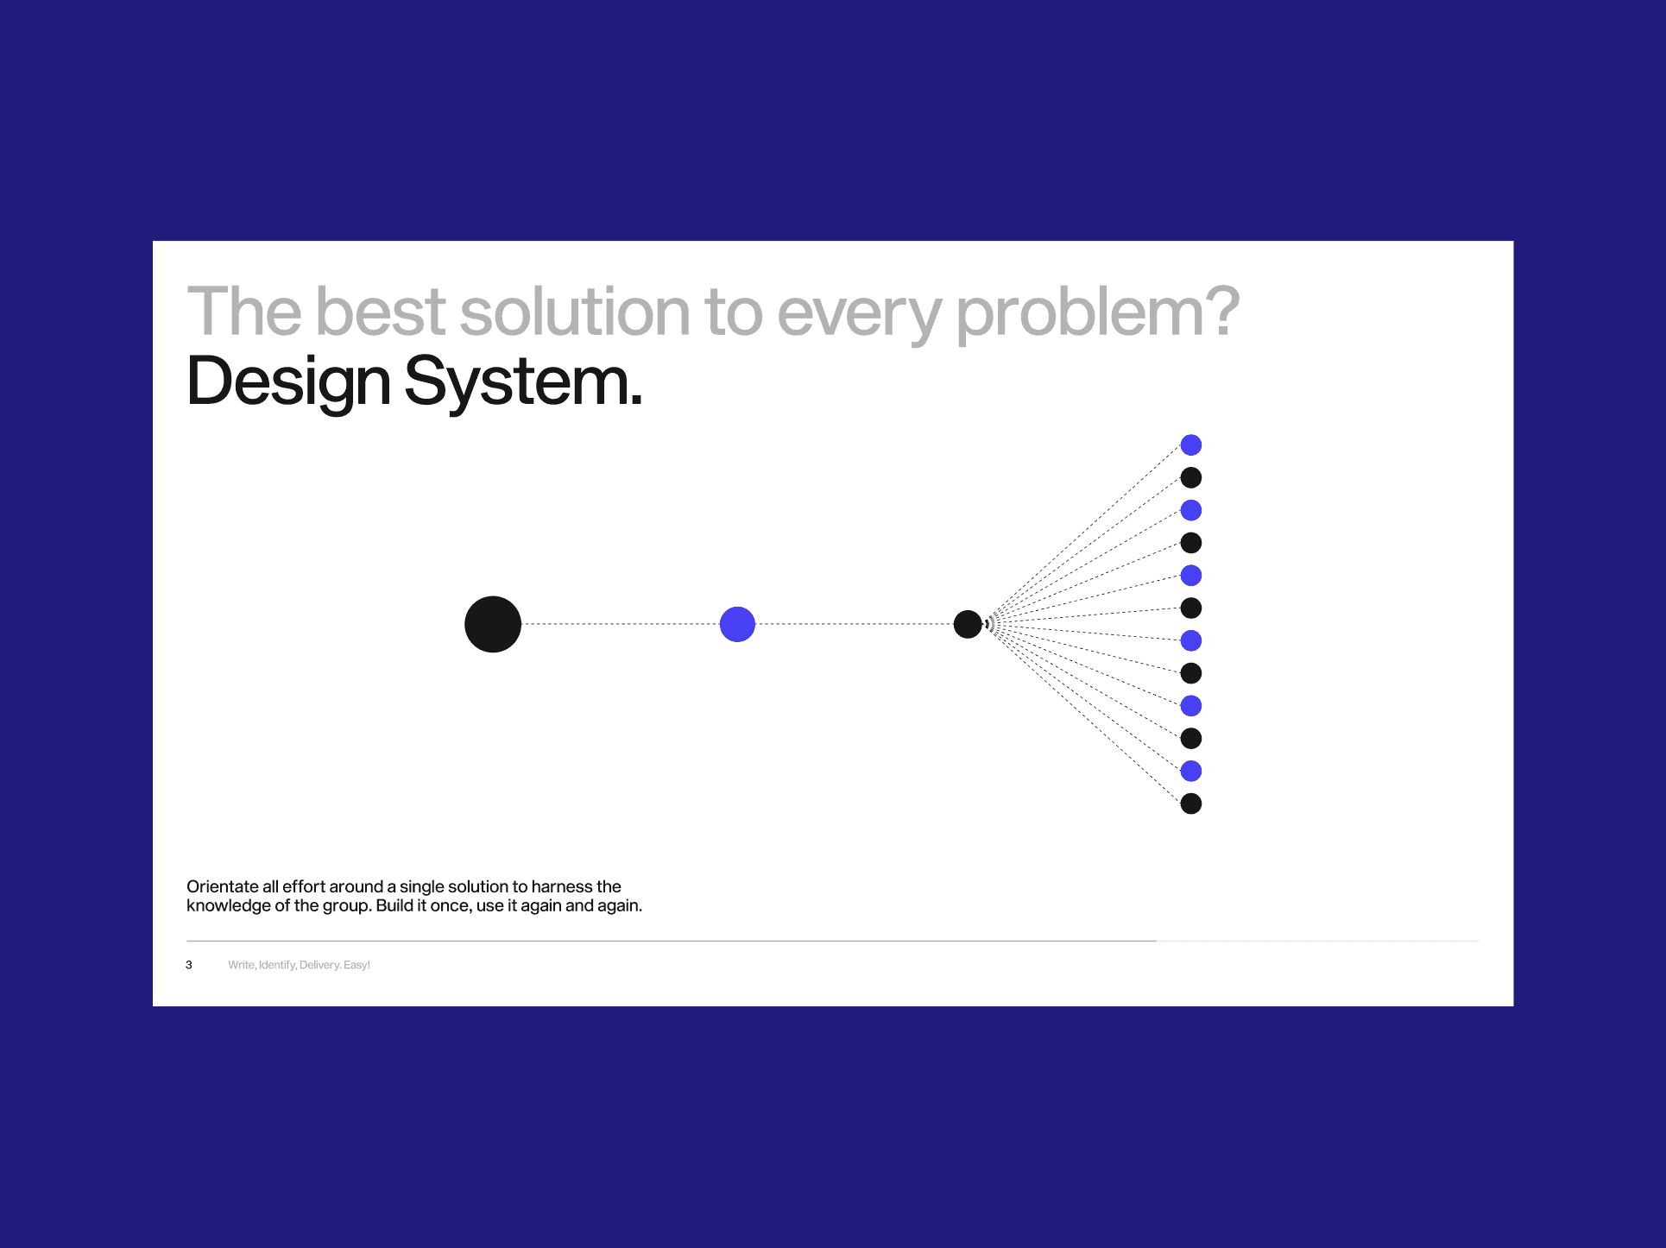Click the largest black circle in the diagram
pos(493,624)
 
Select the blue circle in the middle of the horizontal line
pos(737,624)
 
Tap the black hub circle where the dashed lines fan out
pos(968,624)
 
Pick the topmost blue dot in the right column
pos(1191,444)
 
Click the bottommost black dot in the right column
pos(1191,804)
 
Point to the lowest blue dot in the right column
pos(1191,771)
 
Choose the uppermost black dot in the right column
pos(1191,477)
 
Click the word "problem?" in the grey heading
pos(1097,312)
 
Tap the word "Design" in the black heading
pos(288,381)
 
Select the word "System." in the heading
pos(524,381)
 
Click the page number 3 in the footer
pos(189,965)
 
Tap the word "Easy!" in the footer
pos(357,965)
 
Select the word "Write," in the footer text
pos(242,965)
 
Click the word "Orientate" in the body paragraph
pos(223,886)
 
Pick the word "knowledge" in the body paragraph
pos(229,906)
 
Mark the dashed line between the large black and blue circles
pos(621,624)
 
